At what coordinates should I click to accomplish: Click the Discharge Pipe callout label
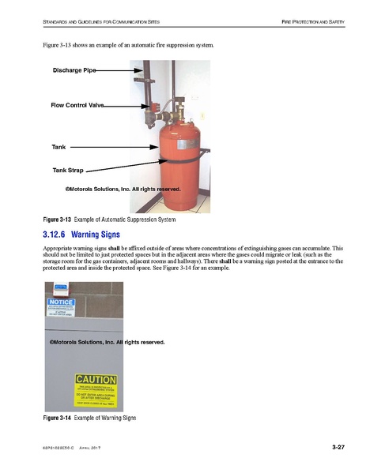pyautogui.click(x=74, y=70)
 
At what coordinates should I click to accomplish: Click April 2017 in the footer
pyautogui.click(x=91, y=449)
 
